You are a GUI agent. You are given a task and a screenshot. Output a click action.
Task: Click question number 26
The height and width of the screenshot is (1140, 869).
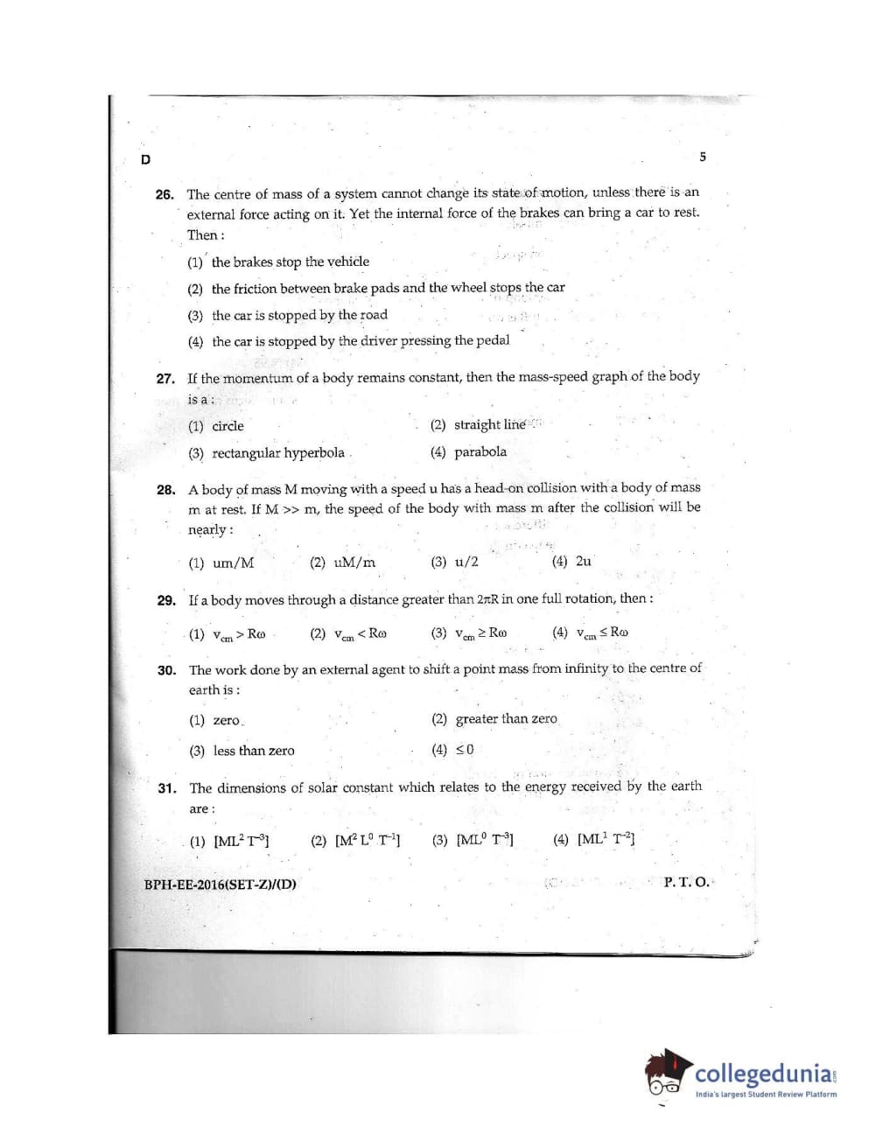coord(165,194)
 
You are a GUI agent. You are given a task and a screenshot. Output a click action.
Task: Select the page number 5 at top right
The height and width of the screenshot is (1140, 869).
coord(703,157)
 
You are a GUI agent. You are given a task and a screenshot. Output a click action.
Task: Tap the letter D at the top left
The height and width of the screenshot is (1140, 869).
coord(145,159)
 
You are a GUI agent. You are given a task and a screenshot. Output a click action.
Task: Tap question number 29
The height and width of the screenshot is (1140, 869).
coord(166,600)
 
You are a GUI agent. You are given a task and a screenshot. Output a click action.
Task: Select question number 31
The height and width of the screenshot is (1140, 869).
coord(166,788)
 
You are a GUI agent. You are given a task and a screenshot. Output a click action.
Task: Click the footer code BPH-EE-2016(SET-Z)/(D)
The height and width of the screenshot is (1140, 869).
coord(220,884)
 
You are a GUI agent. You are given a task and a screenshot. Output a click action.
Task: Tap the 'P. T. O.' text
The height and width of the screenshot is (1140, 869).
coord(686,882)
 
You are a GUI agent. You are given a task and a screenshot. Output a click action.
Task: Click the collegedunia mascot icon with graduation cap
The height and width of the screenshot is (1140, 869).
coord(668,1073)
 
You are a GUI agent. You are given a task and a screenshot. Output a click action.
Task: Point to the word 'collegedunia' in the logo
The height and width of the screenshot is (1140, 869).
coord(763,1073)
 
